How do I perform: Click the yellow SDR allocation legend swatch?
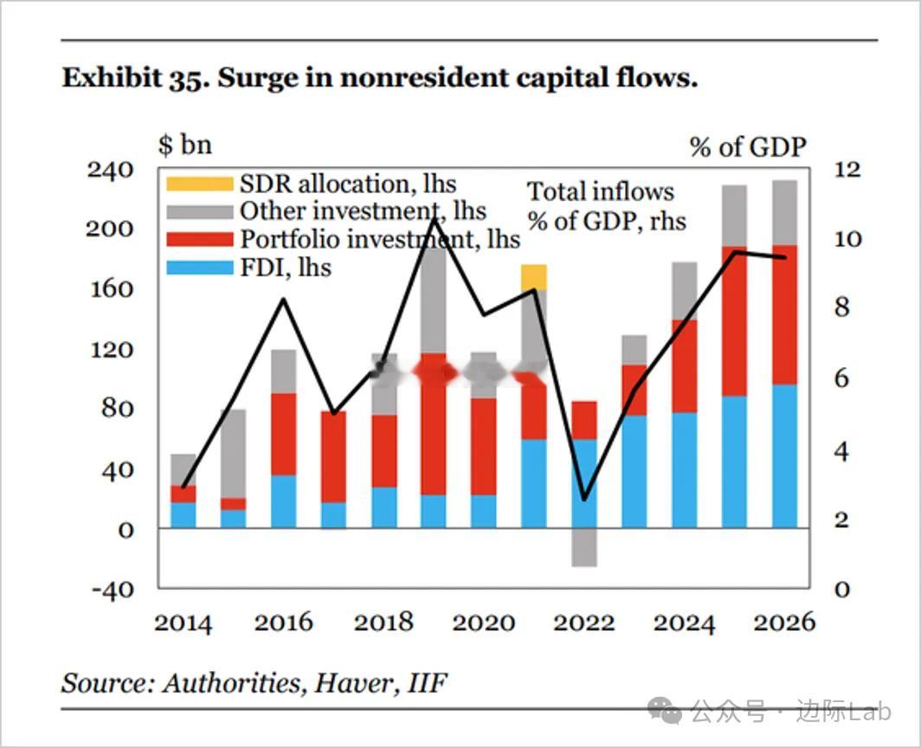click(x=200, y=184)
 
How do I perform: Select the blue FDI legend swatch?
click(x=200, y=268)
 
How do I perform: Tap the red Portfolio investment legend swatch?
click(x=200, y=240)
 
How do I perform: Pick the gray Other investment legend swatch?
click(x=200, y=211)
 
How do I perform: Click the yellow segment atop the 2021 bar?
click(x=534, y=277)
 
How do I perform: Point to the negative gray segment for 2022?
click(x=584, y=547)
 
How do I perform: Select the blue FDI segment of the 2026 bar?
click(x=784, y=456)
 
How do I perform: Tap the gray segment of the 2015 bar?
click(x=233, y=454)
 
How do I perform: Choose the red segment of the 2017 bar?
click(x=333, y=456)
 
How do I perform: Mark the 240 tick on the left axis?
click(x=110, y=169)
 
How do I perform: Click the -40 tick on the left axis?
click(x=110, y=589)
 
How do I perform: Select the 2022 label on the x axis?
click(x=584, y=622)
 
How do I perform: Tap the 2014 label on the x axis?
click(x=183, y=622)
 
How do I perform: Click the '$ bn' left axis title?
click(x=184, y=144)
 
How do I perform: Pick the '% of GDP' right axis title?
click(x=747, y=147)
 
